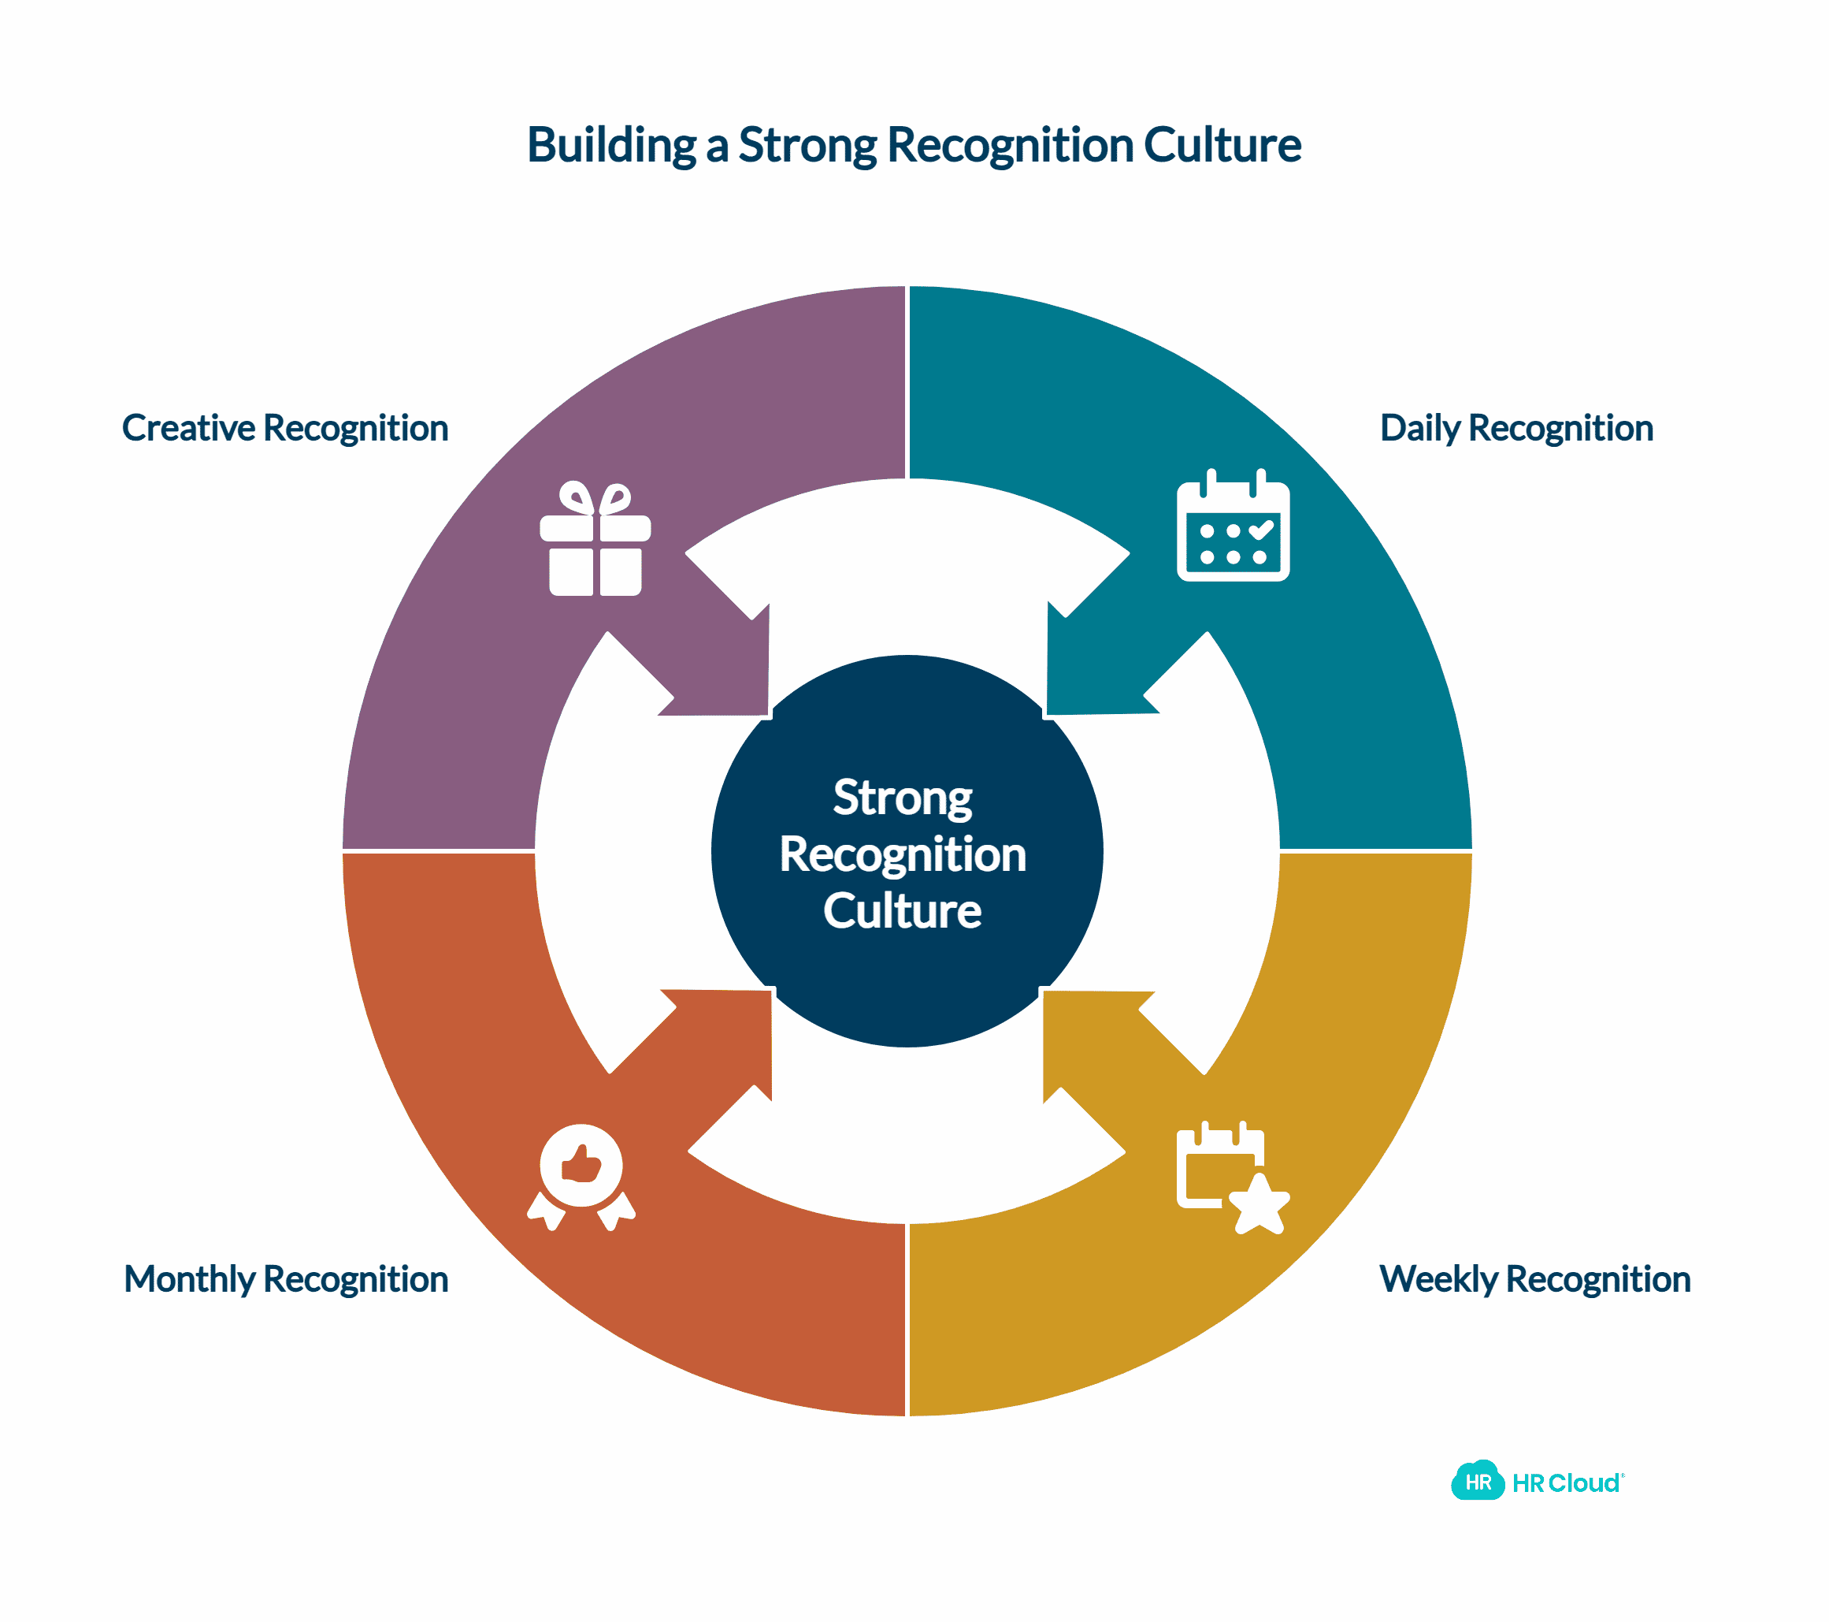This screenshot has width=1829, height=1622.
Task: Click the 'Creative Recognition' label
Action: pos(284,428)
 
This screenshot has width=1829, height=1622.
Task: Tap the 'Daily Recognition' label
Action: pos(1516,428)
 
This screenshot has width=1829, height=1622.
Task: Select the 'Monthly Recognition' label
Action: pos(285,1279)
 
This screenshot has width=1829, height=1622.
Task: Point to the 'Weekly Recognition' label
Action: pos(1534,1279)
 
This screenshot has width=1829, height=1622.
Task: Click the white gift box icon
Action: pos(595,540)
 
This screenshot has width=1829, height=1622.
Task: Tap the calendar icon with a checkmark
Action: pos(1233,527)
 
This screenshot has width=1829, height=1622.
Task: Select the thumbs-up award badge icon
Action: pos(581,1175)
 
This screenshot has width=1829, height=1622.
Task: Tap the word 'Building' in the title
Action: pos(610,145)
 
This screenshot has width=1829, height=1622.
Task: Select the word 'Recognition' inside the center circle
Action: pos(902,854)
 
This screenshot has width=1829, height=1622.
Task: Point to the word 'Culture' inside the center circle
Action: pos(902,910)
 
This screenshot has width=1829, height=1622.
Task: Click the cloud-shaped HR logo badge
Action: pos(1478,1482)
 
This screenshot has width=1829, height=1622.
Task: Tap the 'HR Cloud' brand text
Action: pos(1567,1483)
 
